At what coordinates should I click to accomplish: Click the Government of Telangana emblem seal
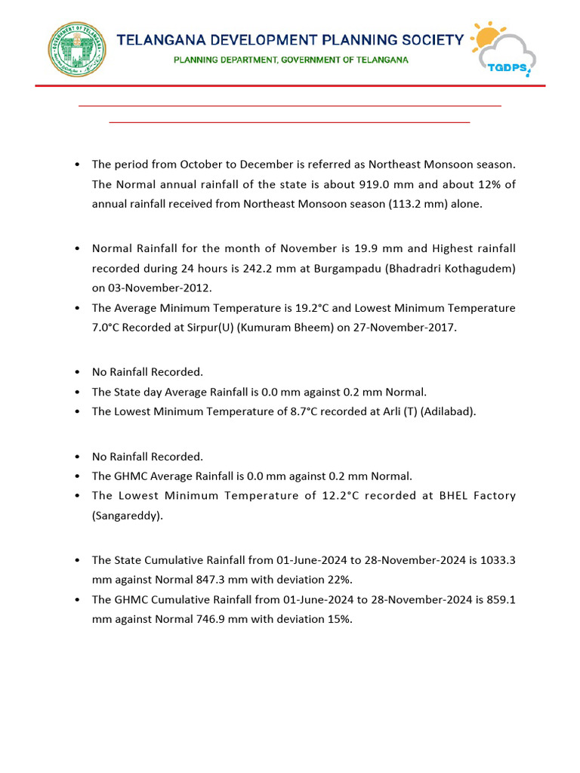click(77, 50)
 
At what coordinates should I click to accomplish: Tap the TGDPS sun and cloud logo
click(502, 49)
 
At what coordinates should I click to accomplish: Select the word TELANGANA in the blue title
click(167, 40)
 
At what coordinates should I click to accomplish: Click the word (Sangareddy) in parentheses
click(127, 516)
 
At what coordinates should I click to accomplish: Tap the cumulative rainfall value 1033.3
click(495, 560)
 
